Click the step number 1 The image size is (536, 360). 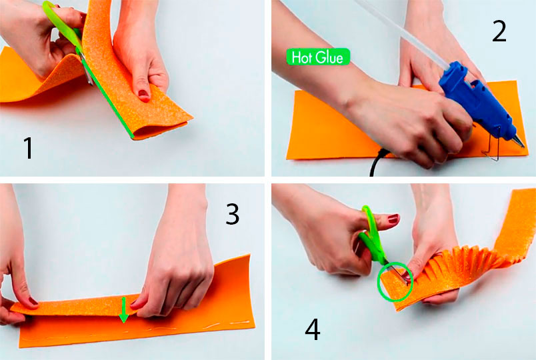pos(29,148)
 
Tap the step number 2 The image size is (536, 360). pos(499,31)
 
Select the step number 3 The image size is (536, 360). pos(233,214)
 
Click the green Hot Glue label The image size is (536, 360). pos(318,57)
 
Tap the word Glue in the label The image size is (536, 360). pos(329,57)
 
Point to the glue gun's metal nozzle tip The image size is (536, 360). pos(521,142)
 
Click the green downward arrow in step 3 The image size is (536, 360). pos(124,310)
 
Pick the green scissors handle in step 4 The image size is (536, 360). pos(373,236)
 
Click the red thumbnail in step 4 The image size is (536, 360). pos(393,219)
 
